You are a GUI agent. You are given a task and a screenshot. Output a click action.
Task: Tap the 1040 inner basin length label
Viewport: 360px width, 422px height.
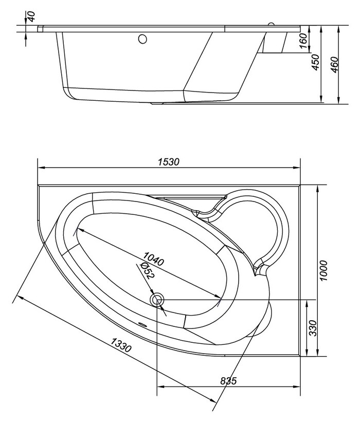coord(154,260)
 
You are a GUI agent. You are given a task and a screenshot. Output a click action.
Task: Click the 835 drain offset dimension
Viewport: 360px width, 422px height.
coord(228,381)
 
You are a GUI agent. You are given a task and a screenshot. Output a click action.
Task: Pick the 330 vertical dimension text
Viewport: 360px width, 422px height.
coord(312,327)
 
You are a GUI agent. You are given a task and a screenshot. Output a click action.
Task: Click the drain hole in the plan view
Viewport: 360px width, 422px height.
coord(156,299)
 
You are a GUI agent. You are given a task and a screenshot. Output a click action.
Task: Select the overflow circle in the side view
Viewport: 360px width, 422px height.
coord(143,39)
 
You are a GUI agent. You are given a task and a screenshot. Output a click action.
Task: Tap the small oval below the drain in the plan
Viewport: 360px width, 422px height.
coord(142,325)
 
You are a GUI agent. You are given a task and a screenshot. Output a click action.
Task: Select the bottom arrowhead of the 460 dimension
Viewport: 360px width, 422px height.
coord(338,102)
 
